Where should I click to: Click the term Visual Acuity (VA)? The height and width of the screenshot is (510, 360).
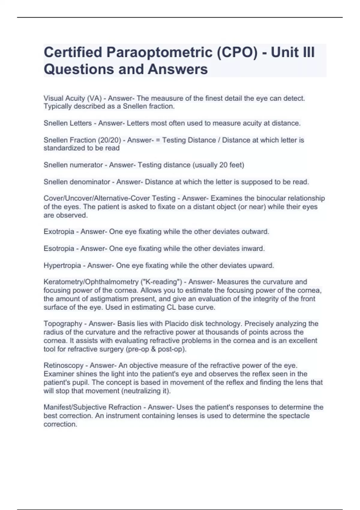[73, 98]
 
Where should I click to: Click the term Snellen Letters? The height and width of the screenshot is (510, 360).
[67, 123]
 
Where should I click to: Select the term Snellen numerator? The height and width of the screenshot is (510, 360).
[73, 165]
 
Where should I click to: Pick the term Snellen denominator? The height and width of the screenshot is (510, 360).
[77, 182]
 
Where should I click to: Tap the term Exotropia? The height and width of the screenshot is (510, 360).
[59, 232]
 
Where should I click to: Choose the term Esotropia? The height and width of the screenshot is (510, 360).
[59, 248]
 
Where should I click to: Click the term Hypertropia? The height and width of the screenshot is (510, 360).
[62, 265]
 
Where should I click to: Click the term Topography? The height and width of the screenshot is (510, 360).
[63, 324]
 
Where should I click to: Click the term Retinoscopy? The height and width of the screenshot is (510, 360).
[63, 365]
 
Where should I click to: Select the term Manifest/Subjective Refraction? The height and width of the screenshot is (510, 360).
[92, 407]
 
